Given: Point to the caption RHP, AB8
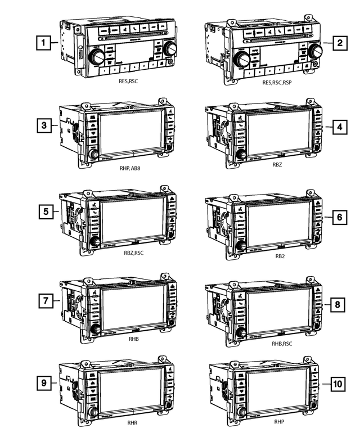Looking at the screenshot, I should pyautogui.click(x=131, y=168).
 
